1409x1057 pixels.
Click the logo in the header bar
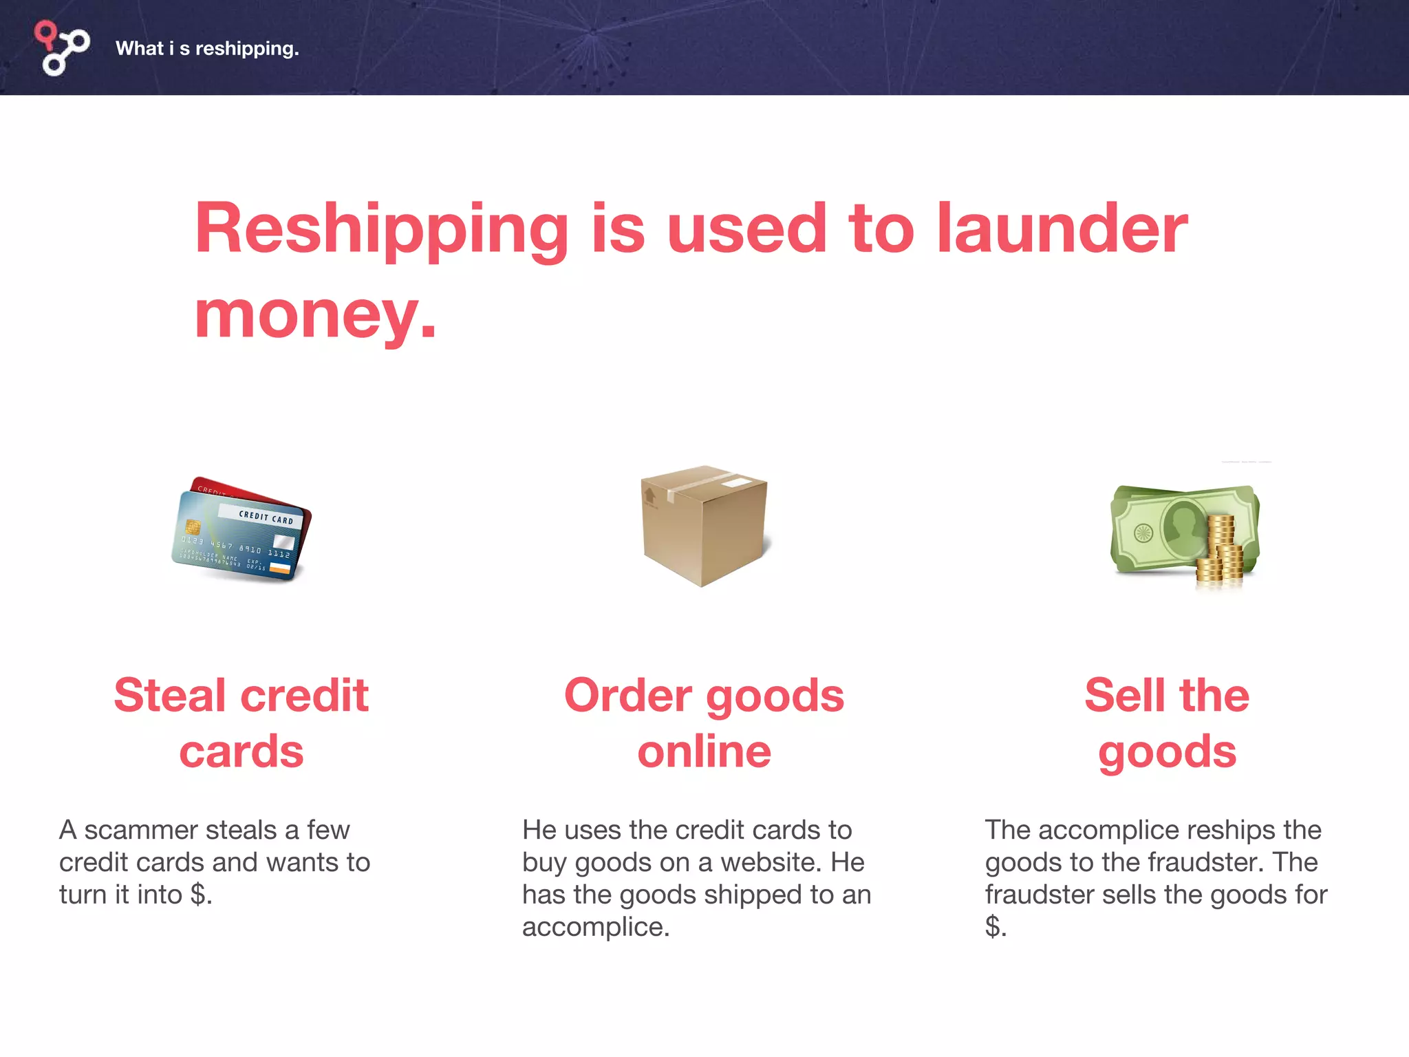[x=62, y=47]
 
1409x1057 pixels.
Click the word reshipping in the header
[x=247, y=49]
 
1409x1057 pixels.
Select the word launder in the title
[x=1062, y=228]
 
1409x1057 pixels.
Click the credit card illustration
[x=241, y=528]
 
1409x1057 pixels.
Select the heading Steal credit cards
[x=241, y=723]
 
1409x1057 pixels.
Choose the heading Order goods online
[x=704, y=723]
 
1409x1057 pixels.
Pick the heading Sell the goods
[x=1167, y=723]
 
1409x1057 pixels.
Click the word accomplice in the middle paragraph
[x=595, y=927]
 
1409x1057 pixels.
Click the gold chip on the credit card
[x=193, y=527]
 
